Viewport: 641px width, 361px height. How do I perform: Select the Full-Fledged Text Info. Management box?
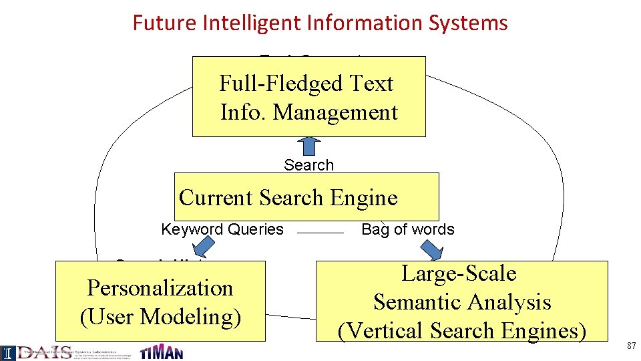[308, 97]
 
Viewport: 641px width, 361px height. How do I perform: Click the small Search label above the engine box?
[308, 165]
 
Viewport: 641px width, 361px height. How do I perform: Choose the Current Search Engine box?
[306, 197]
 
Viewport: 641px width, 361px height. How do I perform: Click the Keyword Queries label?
[222, 230]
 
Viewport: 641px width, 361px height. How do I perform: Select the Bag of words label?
[407, 230]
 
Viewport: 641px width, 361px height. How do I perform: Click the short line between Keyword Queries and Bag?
[319, 233]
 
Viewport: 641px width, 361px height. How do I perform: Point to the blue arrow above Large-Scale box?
[435, 253]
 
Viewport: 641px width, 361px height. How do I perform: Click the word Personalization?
[160, 288]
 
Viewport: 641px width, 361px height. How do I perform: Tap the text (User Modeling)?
[160, 317]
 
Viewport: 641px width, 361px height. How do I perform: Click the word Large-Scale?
[459, 273]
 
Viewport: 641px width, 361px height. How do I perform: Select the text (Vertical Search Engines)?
[462, 331]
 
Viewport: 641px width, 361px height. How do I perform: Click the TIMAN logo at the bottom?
[161, 352]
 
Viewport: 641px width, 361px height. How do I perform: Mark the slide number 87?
[630, 346]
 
